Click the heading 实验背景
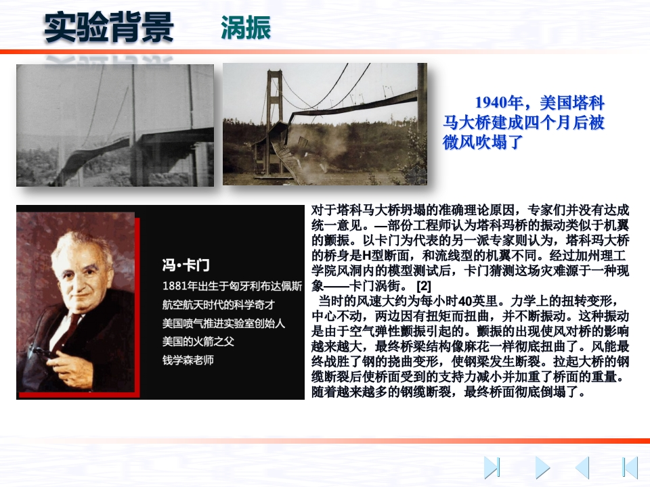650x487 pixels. click(108, 27)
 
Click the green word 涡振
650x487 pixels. click(246, 28)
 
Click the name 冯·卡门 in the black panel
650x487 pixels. click(186, 265)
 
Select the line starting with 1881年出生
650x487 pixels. click(232, 286)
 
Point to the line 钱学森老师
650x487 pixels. click(188, 360)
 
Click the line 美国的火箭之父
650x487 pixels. click(198, 342)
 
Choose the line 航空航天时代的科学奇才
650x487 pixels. click(219, 305)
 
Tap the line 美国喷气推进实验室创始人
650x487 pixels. click(224, 323)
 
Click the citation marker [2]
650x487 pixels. click(424, 285)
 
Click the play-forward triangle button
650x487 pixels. click(542, 467)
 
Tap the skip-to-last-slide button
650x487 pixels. click(492, 467)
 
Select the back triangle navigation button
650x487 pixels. click(582, 467)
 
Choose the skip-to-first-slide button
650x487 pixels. click(630, 467)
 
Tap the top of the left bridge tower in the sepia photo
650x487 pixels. click(274, 73)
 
